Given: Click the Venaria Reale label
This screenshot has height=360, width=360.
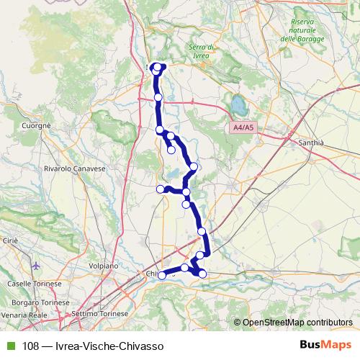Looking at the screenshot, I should click(24, 315).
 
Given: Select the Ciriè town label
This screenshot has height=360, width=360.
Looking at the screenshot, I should click(9, 239).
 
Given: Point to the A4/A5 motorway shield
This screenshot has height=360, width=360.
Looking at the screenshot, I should click(243, 127).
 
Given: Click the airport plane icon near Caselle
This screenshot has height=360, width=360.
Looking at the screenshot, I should click(37, 266).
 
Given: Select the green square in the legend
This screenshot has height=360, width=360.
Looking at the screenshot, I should click(9, 346).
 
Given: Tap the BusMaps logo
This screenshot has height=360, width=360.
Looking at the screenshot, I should click(325, 346).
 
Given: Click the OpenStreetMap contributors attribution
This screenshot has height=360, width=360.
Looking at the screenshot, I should click(297, 323).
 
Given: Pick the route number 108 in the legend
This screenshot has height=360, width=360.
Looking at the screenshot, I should click(30, 346).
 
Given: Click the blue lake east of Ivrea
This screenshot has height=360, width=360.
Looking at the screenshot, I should click(239, 107).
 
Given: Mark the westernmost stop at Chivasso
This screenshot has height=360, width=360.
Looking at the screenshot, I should click(162, 275).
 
